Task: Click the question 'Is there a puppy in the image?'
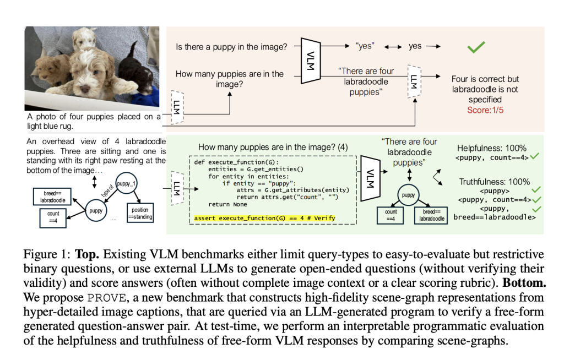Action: [x=231, y=47]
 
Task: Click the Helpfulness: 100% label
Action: [x=492, y=149]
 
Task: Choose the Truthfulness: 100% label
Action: [x=494, y=182]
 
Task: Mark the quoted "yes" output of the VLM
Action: [x=365, y=47]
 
